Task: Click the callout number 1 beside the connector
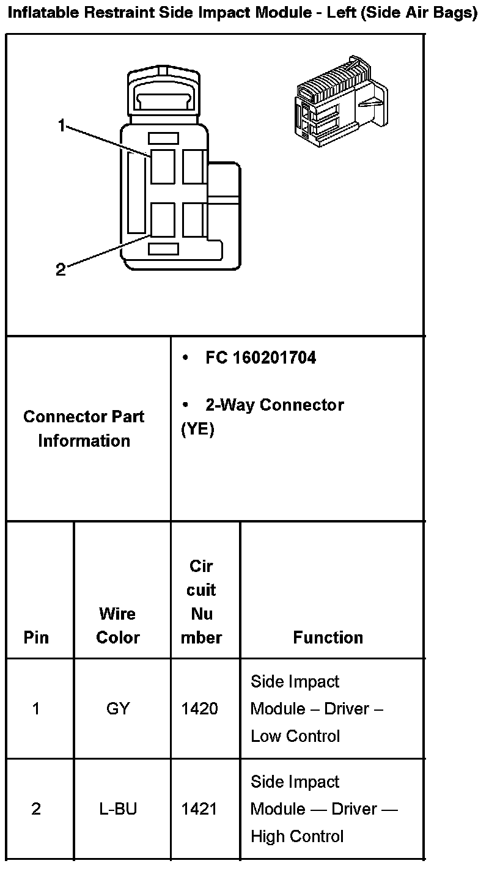tap(61, 126)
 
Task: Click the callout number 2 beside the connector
tap(61, 269)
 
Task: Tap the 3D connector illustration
tap(339, 101)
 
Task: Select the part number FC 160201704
tap(261, 358)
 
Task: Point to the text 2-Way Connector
tap(274, 405)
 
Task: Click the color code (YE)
tap(198, 430)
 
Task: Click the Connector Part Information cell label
tap(84, 428)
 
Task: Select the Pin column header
tap(36, 637)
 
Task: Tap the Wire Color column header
tap(118, 625)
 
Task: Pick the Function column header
tap(328, 637)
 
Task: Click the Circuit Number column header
tap(202, 602)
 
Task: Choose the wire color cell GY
tap(118, 709)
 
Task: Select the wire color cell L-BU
tap(118, 809)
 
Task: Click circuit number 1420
tap(200, 709)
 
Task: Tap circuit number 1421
tap(200, 809)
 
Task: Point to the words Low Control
tap(295, 736)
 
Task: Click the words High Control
tap(297, 836)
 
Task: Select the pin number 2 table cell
tap(36, 809)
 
